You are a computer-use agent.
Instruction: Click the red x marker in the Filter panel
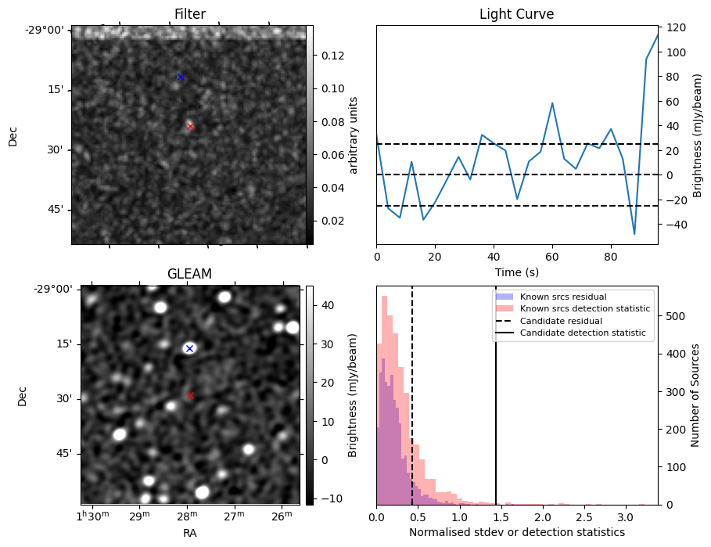[x=190, y=126]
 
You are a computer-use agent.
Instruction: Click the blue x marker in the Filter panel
[x=181, y=77]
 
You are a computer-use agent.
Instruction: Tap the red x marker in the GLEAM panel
[x=190, y=396]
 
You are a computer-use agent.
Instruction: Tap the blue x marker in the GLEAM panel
[x=189, y=348]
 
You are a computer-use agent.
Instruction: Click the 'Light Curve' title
[x=516, y=14]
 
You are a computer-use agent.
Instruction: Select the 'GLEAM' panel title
[x=189, y=274]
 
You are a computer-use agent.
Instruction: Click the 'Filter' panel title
[x=189, y=14]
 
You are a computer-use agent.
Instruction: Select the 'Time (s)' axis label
[x=516, y=272]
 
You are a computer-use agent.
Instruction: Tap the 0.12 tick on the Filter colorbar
[x=329, y=56]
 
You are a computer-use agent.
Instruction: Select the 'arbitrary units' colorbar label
[x=354, y=135]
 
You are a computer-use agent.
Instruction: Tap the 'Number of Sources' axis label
[x=695, y=394]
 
